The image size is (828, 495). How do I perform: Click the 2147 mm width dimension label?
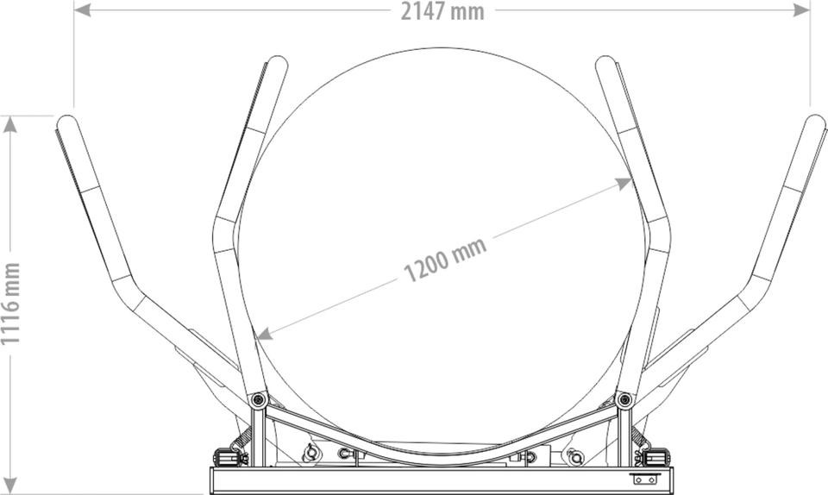[442, 10]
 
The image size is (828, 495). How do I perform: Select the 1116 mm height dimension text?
[11, 304]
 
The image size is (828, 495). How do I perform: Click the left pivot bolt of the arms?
[256, 399]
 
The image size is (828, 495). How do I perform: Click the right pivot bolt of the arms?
[624, 399]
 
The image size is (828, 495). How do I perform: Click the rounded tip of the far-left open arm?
[65, 122]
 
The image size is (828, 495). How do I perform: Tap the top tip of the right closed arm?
[605, 63]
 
